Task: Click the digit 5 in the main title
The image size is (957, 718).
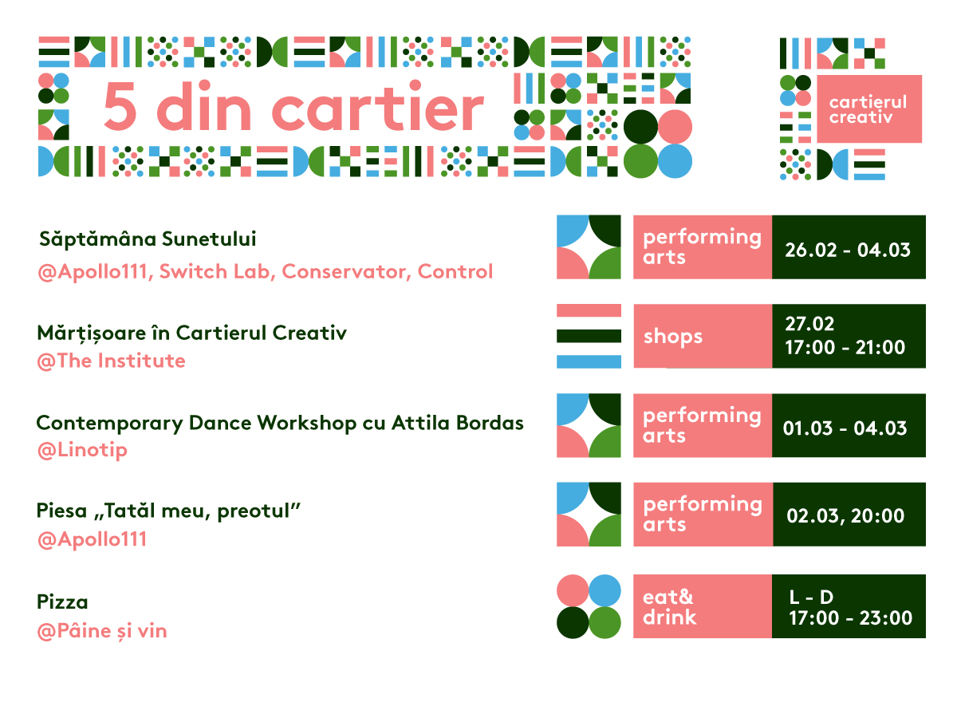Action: [x=120, y=106]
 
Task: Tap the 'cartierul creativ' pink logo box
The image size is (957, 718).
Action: [x=869, y=109]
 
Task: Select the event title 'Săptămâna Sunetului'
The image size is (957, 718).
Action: [x=148, y=239]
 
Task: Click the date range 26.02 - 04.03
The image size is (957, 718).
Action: [x=848, y=250]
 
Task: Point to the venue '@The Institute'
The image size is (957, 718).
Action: [x=111, y=361]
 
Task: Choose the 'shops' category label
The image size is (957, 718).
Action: [x=673, y=337]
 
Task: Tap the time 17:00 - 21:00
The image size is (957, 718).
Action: [x=845, y=348]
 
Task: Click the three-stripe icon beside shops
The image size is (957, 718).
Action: [x=589, y=336]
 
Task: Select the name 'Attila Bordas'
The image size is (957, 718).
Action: [x=457, y=423]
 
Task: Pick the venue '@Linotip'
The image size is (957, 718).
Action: [x=82, y=450]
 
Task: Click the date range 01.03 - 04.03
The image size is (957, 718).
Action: [x=845, y=428]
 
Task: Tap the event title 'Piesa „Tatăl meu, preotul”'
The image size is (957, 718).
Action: [x=168, y=511]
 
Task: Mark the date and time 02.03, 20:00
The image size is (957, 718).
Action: [x=845, y=515]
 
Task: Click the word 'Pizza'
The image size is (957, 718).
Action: [x=62, y=602]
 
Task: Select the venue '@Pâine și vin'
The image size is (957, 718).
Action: [x=102, y=631]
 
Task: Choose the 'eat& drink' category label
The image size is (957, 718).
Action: [x=669, y=607]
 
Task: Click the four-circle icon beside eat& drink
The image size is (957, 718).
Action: [x=589, y=606]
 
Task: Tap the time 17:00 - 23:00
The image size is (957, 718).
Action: [x=850, y=617]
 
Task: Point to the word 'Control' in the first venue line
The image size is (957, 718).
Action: [x=455, y=271]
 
